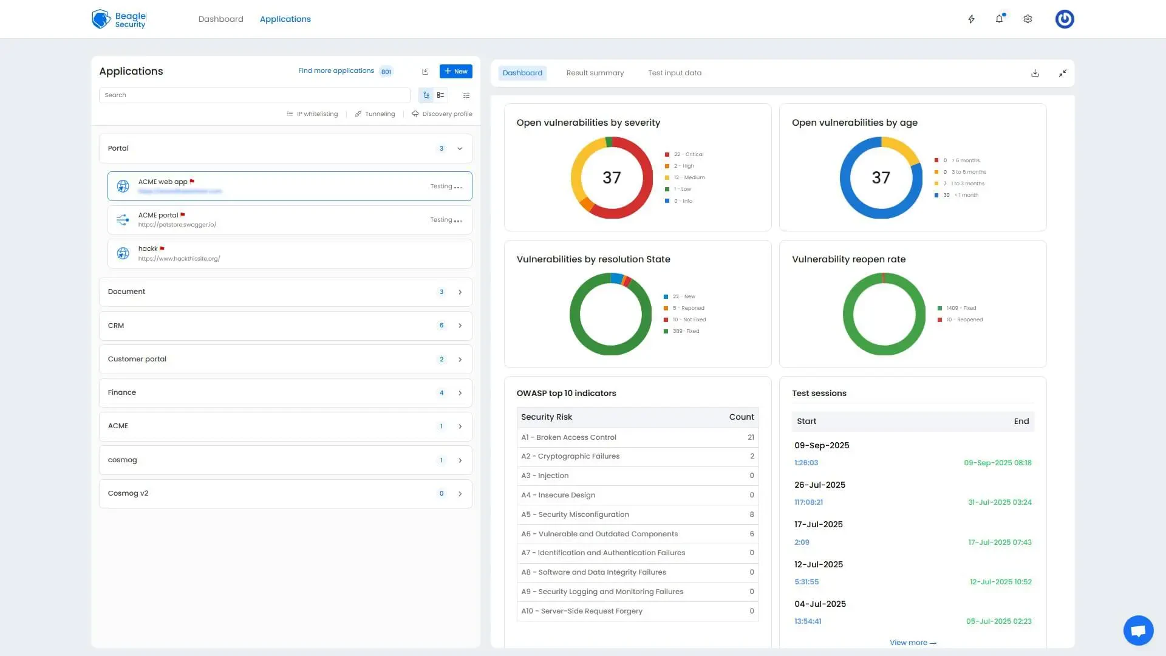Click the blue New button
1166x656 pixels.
tap(455, 72)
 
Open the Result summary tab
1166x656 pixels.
tap(595, 73)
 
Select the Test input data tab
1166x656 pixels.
tap(674, 73)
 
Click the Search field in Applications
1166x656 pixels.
tap(254, 95)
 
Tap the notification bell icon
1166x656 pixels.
tap(999, 19)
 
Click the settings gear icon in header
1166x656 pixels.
tap(1028, 19)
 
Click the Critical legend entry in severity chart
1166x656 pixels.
tap(688, 154)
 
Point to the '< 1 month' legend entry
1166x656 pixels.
tap(966, 195)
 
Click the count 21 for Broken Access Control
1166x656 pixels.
tap(751, 437)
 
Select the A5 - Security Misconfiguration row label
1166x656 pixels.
tap(574, 514)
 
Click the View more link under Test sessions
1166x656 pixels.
tap(912, 643)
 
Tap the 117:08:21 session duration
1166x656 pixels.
tap(808, 502)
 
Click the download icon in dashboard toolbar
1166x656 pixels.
tap(1035, 73)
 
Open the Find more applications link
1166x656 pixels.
tap(336, 71)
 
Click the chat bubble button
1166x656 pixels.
tap(1138, 630)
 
